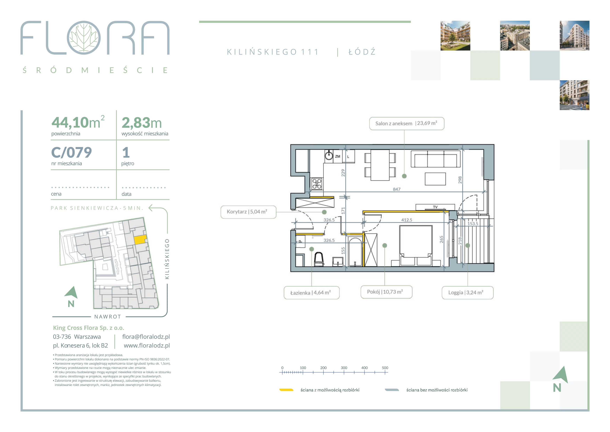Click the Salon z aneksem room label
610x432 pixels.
(x=406, y=124)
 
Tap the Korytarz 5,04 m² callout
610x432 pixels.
(x=248, y=212)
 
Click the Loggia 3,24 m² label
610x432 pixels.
(x=468, y=293)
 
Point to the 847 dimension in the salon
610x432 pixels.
(x=397, y=189)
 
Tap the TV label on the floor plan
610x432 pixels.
(x=435, y=207)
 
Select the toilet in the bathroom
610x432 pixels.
(x=319, y=259)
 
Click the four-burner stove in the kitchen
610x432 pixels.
(x=317, y=184)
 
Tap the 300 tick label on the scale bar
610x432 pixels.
(x=344, y=368)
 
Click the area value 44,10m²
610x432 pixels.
(x=78, y=122)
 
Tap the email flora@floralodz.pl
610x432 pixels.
(x=146, y=337)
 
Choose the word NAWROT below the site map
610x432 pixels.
(x=108, y=317)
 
